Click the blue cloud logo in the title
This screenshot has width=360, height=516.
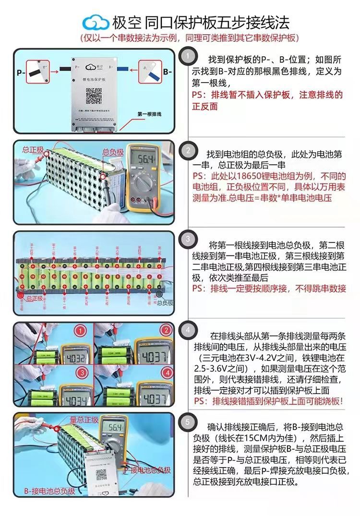coord(96,22)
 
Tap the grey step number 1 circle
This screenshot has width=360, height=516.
coord(188,57)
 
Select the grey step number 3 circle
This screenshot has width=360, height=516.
coord(188,239)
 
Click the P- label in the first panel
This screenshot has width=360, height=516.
coord(21,73)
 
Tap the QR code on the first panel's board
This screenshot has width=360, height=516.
coord(94,96)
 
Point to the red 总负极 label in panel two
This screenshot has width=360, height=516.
coord(113,152)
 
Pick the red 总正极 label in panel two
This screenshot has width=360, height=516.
coord(32,150)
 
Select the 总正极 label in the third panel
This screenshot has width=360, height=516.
coord(35,298)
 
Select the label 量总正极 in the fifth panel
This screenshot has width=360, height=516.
coord(84,420)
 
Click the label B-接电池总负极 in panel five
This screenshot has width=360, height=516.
coord(50,491)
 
